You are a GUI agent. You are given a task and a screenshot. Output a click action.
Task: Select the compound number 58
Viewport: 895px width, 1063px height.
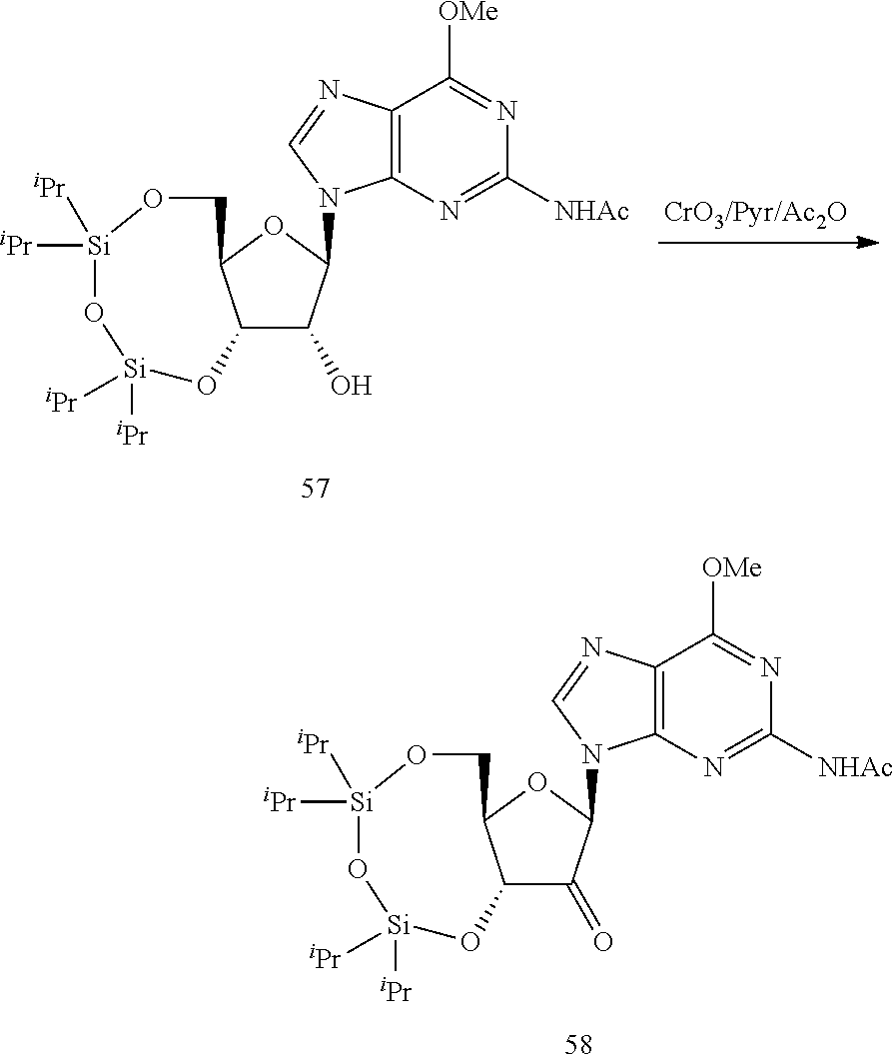point(578,1045)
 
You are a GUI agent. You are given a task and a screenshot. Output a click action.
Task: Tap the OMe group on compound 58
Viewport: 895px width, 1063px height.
point(732,569)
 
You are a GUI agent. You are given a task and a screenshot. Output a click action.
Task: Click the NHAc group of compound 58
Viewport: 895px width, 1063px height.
point(855,766)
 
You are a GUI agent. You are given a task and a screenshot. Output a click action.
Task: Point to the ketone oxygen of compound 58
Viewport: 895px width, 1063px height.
point(600,939)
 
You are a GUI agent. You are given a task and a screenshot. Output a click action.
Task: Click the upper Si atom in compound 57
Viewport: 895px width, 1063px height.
point(98,247)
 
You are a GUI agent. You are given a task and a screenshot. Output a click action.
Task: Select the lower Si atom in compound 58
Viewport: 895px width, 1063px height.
point(399,926)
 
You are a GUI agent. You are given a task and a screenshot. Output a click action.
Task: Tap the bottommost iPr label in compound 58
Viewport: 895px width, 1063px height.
point(395,989)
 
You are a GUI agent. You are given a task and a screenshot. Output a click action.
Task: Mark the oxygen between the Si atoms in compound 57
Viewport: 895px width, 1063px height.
point(94,314)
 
